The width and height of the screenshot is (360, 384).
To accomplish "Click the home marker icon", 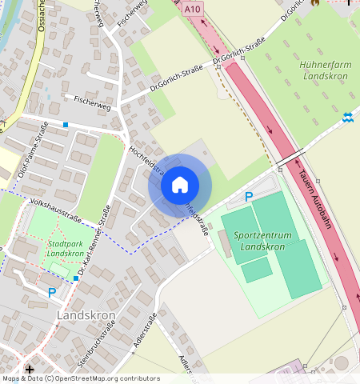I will coord(180,185).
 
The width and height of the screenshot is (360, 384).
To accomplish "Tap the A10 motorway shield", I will coord(190,9).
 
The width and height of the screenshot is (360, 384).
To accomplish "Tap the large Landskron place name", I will coord(86,315).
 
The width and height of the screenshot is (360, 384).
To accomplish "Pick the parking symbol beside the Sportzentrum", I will coord(249,197).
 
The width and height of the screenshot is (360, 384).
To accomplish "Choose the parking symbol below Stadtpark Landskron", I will coord(52,293).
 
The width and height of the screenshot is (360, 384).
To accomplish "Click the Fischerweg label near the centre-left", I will coord(90,100).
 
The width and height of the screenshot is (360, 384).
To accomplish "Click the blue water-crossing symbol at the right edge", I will coord(348,118).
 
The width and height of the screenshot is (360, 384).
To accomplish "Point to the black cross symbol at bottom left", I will coord(30,370).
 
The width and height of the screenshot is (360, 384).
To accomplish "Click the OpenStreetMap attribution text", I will coord(80,378).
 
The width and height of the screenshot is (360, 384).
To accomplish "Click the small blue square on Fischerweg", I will coord(66,126).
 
